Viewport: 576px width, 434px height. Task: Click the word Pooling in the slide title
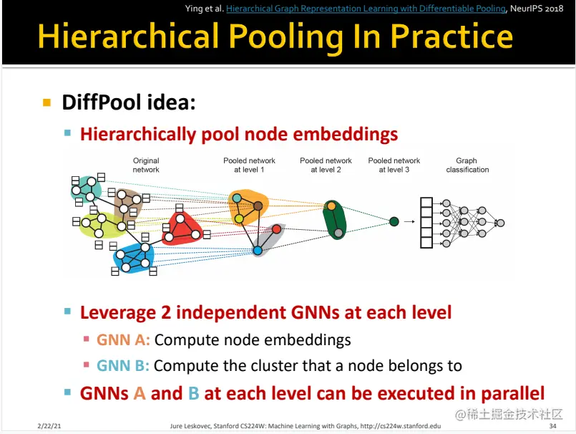[286, 37]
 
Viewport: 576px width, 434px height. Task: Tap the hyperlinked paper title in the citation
[366, 9]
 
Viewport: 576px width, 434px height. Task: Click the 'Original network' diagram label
[146, 165]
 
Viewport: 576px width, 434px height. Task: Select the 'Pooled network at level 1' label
[249, 165]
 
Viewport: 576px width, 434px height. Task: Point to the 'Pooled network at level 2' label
[326, 165]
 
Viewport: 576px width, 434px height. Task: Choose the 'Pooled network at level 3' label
[394, 165]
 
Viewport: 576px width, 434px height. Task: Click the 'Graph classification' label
[467, 165]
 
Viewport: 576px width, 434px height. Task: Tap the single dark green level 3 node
[394, 221]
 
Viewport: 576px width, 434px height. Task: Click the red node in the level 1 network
[277, 229]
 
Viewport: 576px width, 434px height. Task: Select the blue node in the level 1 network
[258, 251]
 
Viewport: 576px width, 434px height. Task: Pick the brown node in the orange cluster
[258, 206]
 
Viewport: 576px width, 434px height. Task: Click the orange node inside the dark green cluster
[332, 206]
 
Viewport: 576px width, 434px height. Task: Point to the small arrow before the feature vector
[409, 221]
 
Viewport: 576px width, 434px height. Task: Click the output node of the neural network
[500, 223]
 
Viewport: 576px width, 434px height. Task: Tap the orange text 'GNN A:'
[123, 340]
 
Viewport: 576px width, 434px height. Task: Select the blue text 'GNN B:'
[122, 365]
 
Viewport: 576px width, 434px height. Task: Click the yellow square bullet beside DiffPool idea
[47, 102]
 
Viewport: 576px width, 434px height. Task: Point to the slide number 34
[552, 426]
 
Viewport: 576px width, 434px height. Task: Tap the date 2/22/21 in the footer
[49, 426]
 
